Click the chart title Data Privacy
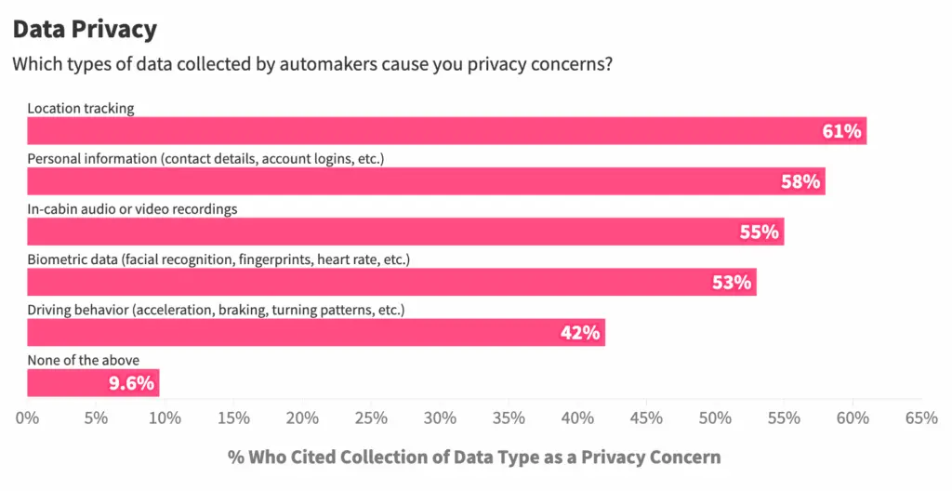coord(85,29)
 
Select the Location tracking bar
coord(446,131)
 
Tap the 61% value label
coord(841,131)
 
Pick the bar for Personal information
coord(426,181)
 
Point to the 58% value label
coord(800,181)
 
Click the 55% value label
coord(759,232)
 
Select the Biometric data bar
coord(391,282)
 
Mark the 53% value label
coord(732,282)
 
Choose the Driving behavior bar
coord(316,332)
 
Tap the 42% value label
coord(580,332)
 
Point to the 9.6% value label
coord(132,382)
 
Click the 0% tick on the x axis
coord(28,418)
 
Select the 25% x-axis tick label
coord(371,418)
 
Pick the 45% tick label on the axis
coord(646,418)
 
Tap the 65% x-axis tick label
coord(921,418)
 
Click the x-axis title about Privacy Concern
coord(474,457)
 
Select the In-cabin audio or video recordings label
coord(132,209)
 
